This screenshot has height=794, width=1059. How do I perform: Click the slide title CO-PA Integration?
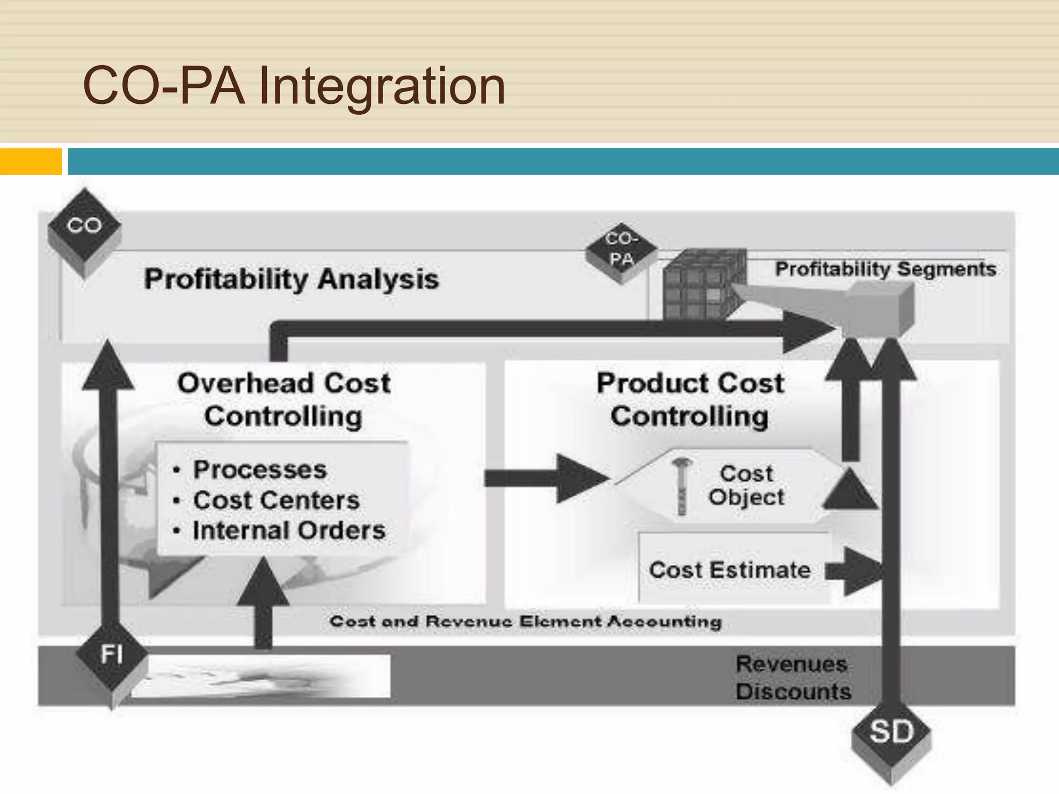tap(293, 86)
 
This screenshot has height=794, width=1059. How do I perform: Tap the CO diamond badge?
tap(84, 226)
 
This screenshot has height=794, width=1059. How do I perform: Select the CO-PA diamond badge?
tap(621, 250)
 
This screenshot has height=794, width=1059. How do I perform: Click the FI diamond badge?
tap(111, 655)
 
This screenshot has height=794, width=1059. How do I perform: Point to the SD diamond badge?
tap(890, 732)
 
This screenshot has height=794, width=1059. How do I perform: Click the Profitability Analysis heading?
tap(291, 280)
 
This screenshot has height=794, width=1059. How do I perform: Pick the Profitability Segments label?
tap(885, 269)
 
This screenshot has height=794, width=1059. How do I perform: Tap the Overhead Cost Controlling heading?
tap(283, 400)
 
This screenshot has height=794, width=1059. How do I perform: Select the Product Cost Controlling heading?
tap(690, 400)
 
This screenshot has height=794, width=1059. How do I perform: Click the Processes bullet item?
tap(259, 470)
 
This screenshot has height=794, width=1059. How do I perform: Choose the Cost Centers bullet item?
tap(276, 500)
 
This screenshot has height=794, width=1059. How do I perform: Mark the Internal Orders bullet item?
tap(289, 531)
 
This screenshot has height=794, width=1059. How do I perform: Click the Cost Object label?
tap(746, 485)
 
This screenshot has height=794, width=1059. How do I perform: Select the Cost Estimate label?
tap(729, 570)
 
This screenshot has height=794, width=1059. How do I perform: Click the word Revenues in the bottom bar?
tap(791, 664)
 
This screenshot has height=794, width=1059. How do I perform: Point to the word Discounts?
tap(793, 692)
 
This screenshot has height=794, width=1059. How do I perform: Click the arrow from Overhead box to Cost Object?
tap(546, 479)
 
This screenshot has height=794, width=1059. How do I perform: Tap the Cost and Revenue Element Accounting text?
tap(525, 621)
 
